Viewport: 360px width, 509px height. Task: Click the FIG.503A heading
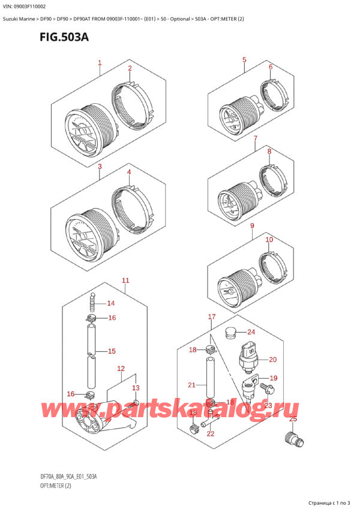click(x=64, y=37)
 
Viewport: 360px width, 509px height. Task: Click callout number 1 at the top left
click(x=100, y=62)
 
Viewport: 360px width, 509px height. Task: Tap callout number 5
click(x=244, y=60)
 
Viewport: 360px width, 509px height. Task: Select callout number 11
click(x=125, y=280)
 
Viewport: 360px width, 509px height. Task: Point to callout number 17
click(x=212, y=316)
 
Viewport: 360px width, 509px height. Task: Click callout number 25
click(x=293, y=419)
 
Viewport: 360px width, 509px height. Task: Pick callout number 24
click(x=251, y=332)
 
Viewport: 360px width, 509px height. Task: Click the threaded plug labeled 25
click(x=294, y=439)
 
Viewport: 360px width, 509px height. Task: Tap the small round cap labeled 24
click(x=231, y=333)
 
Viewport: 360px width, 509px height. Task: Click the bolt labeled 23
click(x=266, y=388)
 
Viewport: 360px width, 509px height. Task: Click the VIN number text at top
click(x=25, y=7)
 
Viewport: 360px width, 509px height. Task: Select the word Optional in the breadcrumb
click(x=180, y=19)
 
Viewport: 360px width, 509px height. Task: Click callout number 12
click(x=121, y=369)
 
